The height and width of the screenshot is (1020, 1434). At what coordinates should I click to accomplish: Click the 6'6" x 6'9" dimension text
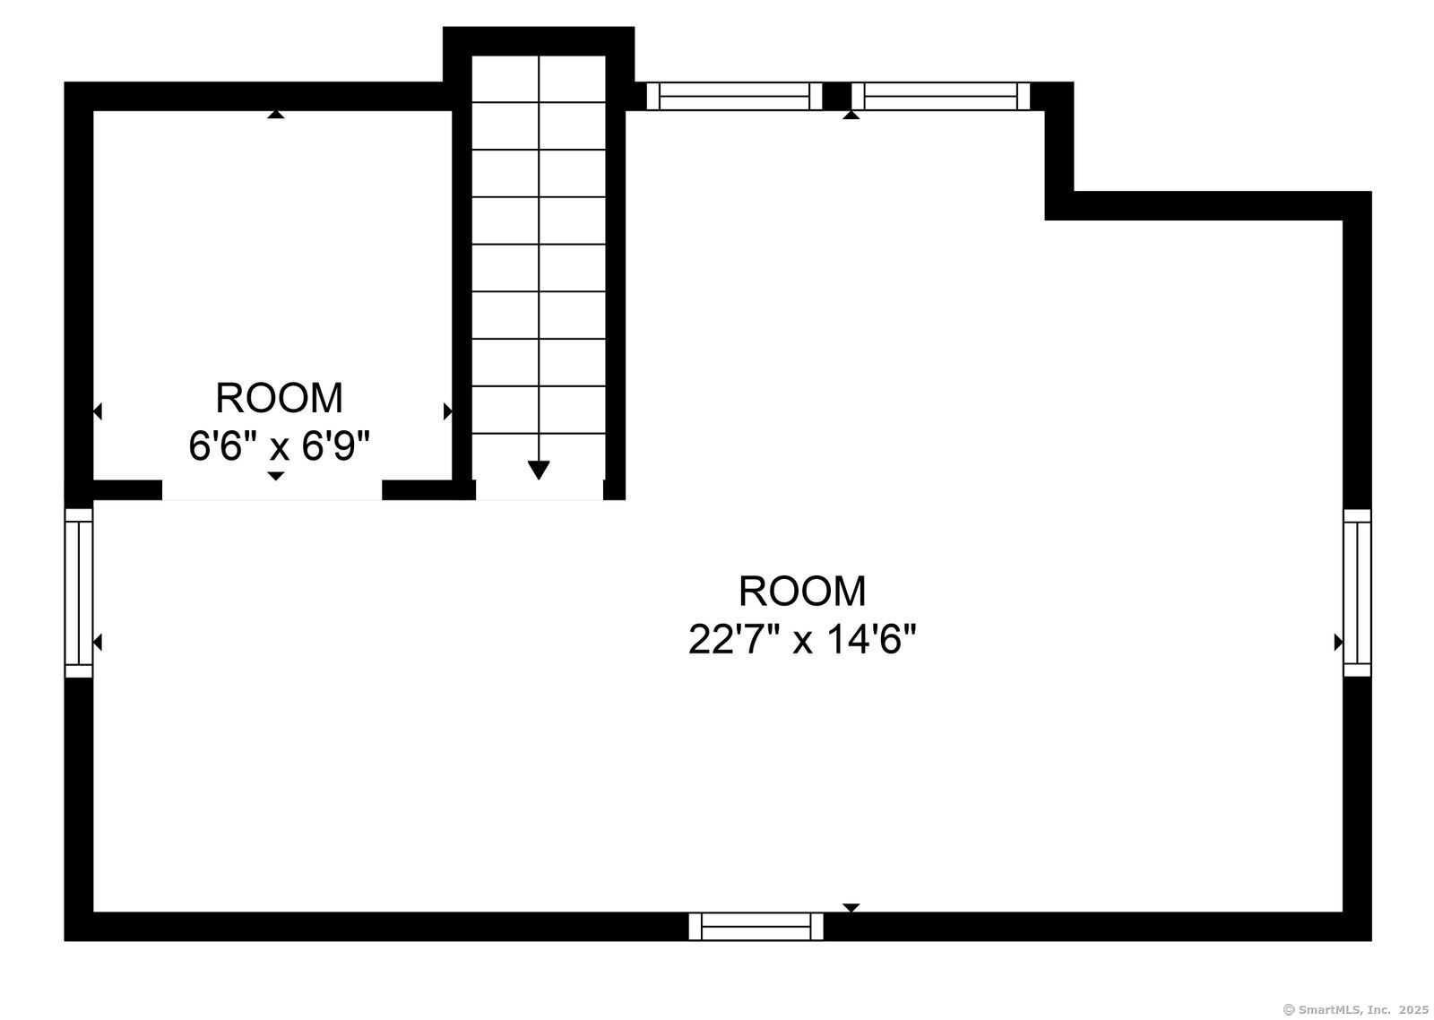point(280,445)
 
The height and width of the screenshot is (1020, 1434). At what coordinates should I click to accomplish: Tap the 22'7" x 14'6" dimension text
point(802,639)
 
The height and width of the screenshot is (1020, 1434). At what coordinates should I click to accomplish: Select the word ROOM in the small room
point(279,398)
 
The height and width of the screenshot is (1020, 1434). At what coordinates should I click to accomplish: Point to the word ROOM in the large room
point(802,591)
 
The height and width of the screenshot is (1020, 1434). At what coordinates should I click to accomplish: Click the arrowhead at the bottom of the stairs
point(539,470)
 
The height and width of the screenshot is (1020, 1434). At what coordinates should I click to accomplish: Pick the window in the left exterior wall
point(79,593)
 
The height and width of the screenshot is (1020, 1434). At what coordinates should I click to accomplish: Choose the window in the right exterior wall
point(1357,593)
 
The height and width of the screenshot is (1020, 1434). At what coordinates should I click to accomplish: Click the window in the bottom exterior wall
point(756,927)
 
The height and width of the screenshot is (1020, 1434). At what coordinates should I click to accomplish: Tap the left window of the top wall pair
point(734,96)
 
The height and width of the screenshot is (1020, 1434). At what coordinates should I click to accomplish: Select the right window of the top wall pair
point(941,96)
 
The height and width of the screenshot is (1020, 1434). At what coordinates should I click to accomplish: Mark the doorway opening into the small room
point(272,490)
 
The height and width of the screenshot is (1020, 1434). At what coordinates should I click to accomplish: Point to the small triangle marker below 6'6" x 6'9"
point(276,476)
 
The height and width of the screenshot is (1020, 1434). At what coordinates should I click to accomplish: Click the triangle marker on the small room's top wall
point(276,114)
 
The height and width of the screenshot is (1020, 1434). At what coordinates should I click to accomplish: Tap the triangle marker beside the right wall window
point(1338,643)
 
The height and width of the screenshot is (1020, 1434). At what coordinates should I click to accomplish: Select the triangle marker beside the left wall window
point(98,643)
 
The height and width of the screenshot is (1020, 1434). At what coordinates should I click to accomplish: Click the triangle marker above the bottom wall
point(851,908)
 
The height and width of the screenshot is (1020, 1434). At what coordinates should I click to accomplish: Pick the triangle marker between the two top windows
point(851,116)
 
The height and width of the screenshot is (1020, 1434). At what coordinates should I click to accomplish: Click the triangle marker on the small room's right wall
point(447,411)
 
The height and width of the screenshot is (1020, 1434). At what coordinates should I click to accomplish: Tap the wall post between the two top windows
point(837,96)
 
